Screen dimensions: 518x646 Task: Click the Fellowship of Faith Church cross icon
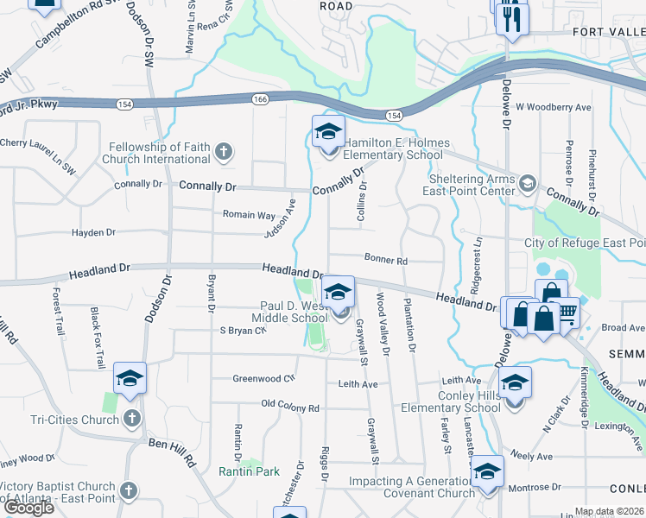[224, 153]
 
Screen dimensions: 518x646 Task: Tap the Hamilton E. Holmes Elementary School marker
[328, 133]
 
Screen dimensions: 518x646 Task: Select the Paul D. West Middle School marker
[339, 292]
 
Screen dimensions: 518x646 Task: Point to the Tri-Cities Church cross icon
[131, 420]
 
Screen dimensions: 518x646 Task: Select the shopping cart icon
[567, 313]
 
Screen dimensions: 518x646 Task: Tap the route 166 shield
[260, 100]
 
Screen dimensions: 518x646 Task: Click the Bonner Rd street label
[385, 259]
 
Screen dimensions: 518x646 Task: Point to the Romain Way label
[249, 215]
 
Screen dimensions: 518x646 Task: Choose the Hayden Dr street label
[93, 232]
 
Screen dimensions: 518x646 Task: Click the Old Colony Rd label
[290, 407]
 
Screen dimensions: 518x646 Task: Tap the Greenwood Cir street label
[264, 378]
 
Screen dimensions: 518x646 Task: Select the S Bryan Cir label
[243, 331]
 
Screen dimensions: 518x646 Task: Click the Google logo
[28, 508]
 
